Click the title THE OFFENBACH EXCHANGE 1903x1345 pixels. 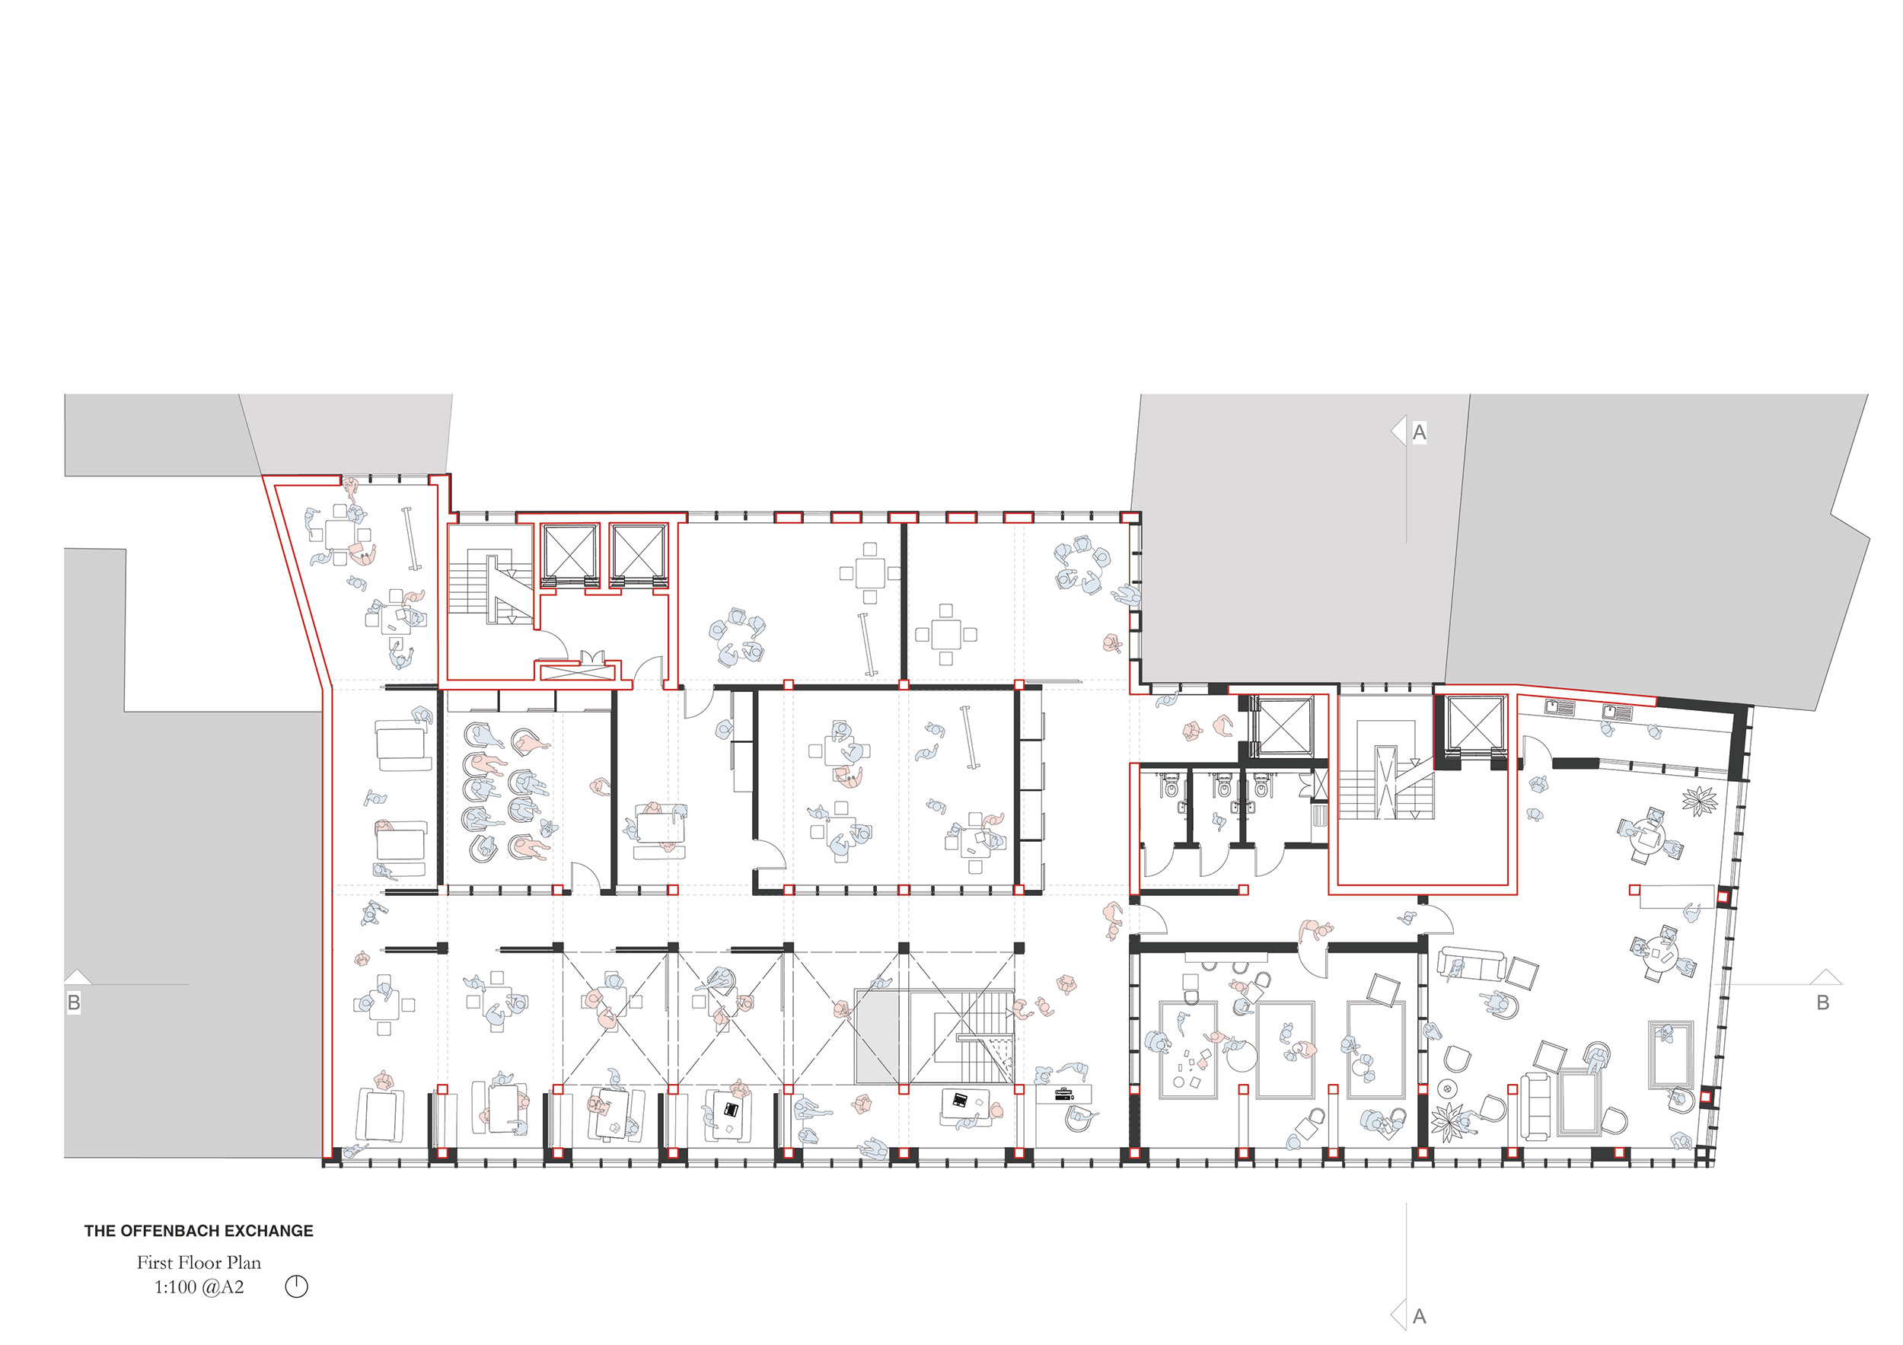click(199, 1231)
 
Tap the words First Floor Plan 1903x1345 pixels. click(199, 1262)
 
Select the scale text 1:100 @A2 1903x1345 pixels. click(199, 1287)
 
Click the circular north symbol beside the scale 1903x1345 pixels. click(296, 1286)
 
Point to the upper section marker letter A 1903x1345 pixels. click(1419, 432)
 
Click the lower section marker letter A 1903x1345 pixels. click(1419, 1316)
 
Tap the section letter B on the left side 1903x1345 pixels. click(74, 1002)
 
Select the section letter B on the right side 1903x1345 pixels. click(1822, 1002)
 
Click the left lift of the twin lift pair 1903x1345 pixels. click(569, 553)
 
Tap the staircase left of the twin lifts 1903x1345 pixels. click(492, 586)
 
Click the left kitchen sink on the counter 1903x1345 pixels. click(1559, 708)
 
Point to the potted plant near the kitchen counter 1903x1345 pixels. click(1699, 801)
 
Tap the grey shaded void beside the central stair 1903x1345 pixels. click(877, 1035)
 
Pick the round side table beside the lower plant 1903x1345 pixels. click(1448, 1088)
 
